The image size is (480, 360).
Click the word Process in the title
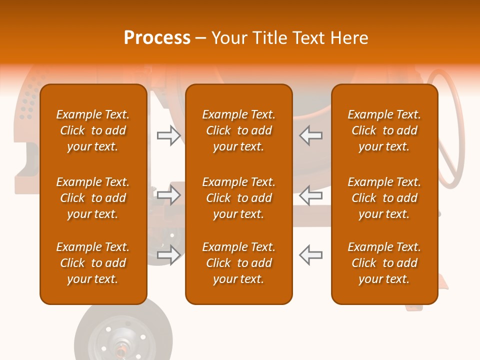pos(157,37)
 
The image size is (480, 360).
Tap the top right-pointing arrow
pos(169,135)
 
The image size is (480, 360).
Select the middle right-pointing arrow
pos(169,195)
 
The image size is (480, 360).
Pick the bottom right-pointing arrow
pos(169,255)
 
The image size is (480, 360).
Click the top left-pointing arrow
pos(311,135)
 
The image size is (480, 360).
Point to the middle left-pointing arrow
pos(311,195)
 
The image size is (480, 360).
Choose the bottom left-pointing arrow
pos(311,255)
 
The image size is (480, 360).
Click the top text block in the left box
pos(93,130)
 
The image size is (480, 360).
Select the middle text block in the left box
pos(93,198)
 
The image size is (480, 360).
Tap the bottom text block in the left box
pos(93,263)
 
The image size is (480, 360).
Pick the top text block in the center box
pos(239,130)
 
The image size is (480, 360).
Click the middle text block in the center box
pos(239,198)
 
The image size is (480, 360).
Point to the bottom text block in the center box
pos(239,263)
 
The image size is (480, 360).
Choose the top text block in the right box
pos(384,130)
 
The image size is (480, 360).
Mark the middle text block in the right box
pos(384,198)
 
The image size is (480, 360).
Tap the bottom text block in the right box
pos(384,263)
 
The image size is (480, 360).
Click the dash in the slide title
pos(201,38)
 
